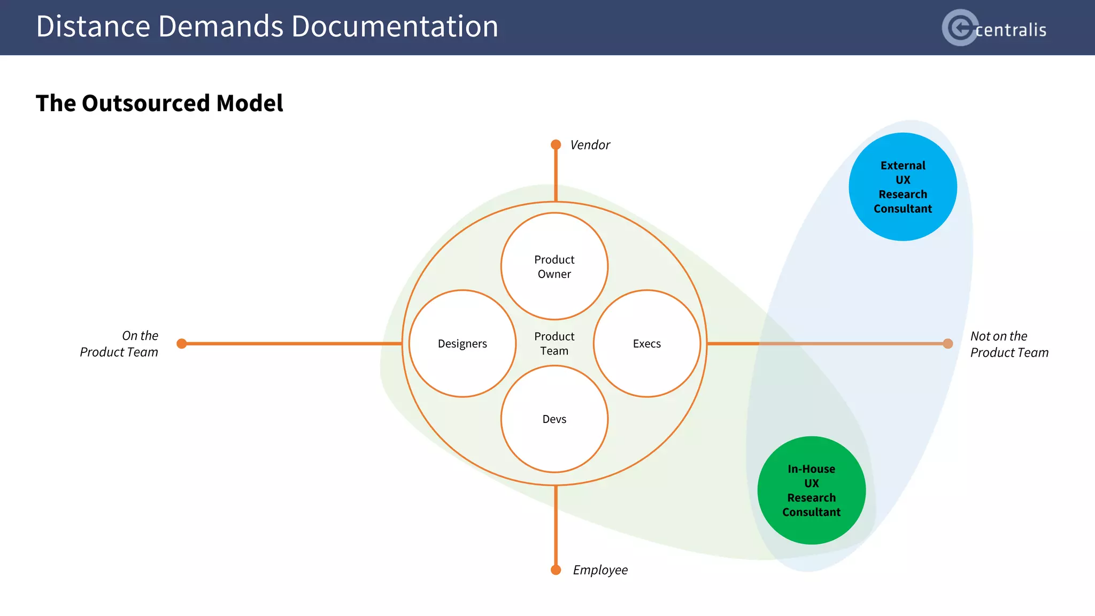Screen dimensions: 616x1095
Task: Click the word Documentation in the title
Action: click(x=395, y=27)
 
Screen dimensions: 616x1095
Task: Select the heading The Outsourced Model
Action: click(x=159, y=103)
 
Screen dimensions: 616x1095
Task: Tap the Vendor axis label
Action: click(x=590, y=145)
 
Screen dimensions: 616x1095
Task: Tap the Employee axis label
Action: click(x=600, y=570)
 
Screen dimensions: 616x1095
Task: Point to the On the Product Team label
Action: click(x=119, y=344)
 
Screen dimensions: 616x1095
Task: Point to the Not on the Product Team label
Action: click(x=1009, y=344)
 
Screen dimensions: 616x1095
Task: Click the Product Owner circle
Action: click(x=554, y=266)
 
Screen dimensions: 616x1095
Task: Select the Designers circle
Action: click(x=462, y=344)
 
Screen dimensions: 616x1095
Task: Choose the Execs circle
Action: click(x=647, y=344)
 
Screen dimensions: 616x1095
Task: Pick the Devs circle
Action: click(x=554, y=419)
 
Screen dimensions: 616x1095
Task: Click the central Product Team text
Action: click(x=554, y=344)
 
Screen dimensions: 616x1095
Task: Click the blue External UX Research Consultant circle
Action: click(x=903, y=187)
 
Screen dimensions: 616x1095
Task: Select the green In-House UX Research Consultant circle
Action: click(x=811, y=490)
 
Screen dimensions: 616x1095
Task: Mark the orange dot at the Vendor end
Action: click(x=556, y=145)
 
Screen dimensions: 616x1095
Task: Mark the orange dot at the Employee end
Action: click(x=556, y=570)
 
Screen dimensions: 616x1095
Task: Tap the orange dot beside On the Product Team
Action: click(x=182, y=344)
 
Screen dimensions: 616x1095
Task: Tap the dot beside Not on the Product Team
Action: click(x=948, y=344)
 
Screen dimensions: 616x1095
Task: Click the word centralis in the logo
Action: click(x=1011, y=30)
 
